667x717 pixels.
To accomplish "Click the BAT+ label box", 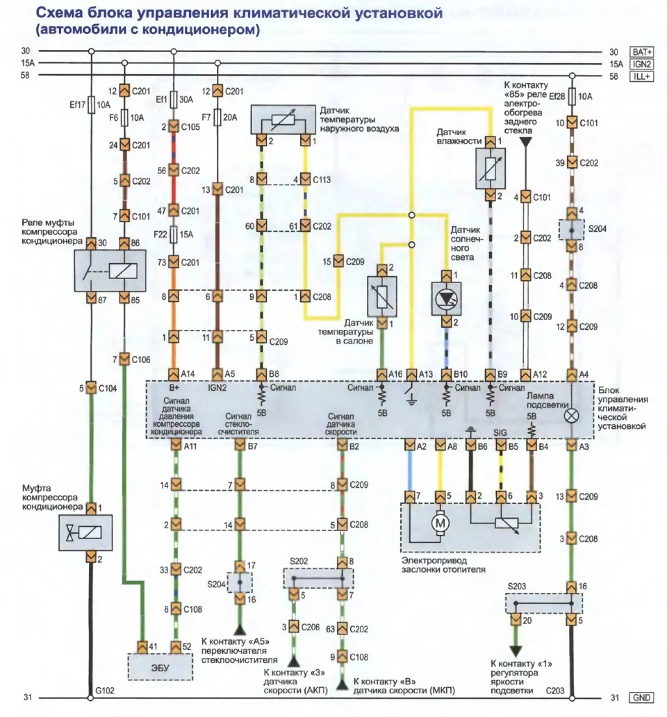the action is [641, 52].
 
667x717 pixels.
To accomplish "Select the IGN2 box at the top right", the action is [641, 64].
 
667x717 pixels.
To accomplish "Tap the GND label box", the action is [641, 697].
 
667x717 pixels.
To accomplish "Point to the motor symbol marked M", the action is [440, 523].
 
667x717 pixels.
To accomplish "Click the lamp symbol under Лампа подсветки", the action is [571, 416].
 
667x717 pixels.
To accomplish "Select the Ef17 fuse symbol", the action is [91, 105].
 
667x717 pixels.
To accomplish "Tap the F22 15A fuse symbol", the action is [174, 235].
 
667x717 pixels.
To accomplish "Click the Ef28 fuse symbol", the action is [571, 96].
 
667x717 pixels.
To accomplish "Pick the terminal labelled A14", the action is [173, 374].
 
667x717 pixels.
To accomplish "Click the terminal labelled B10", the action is [447, 374].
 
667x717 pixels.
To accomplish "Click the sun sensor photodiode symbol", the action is [446, 299].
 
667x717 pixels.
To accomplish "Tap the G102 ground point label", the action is [105, 691].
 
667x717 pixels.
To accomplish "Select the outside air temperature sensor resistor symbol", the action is [283, 119].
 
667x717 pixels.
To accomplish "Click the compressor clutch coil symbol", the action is [86, 533].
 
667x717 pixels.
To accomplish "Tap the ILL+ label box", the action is [641, 77].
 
